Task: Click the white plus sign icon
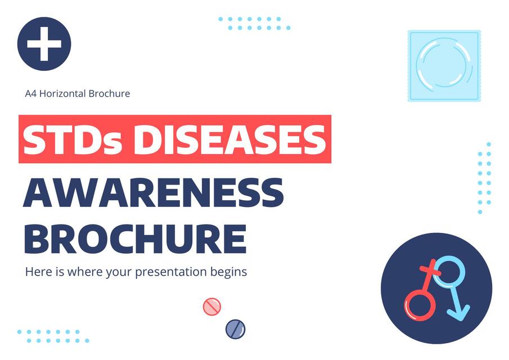tap(44, 44)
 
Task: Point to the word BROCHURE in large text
tap(135, 238)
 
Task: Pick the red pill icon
tap(212, 307)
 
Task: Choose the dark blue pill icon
tap(235, 328)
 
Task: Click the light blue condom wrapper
tap(444, 66)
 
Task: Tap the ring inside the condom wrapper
tap(444, 66)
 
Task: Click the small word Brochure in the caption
tap(109, 93)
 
